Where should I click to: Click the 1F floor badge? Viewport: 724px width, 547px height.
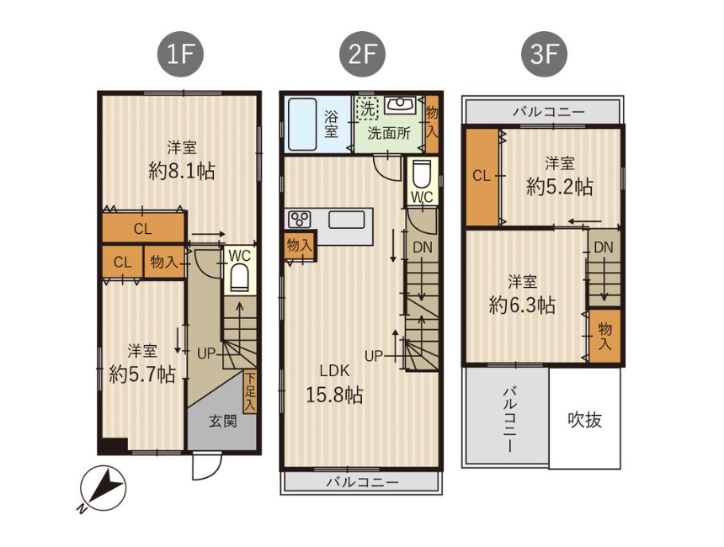pyautogui.click(x=180, y=55)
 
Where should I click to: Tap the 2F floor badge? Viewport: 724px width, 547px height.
pyautogui.click(x=362, y=55)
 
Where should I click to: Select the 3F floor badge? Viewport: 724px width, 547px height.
pyautogui.click(x=544, y=55)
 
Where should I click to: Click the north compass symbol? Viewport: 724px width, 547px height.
pyautogui.click(x=102, y=491)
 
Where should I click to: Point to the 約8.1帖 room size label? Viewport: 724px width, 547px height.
pyautogui.click(x=182, y=172)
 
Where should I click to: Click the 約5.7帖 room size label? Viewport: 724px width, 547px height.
pyautogui.click(x=142, y=374)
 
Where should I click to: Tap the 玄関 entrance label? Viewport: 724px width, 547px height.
pyautogui.click(x=223, y=421)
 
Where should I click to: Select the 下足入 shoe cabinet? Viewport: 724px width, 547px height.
pyautogui.click(x=250, y=392)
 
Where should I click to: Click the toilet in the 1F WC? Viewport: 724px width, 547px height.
pyautogui.click(x=240, y=278)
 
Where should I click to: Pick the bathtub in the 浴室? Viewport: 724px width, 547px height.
pyautogui.click(x=302, y=124)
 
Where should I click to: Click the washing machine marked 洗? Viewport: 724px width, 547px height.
pyautogui.click(x=368, y=109)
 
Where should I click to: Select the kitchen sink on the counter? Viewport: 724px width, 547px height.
pyautogui.click(x=347, y=220)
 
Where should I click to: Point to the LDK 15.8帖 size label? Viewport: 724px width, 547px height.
pyautogui.click(x=335, y=383)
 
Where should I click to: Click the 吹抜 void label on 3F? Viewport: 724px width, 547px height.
pyautogui.click(x=584, y=420)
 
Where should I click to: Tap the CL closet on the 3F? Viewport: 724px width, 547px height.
pyautogui.click(x=482, y=177)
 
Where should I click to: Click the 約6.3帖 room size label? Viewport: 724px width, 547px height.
pyautogui.click(x=522, y=305)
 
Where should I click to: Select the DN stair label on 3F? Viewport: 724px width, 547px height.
pyautogui.click(x=604, y=247)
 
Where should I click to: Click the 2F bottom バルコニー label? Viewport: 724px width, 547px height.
pyautogui.click(x=363, y=482)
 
